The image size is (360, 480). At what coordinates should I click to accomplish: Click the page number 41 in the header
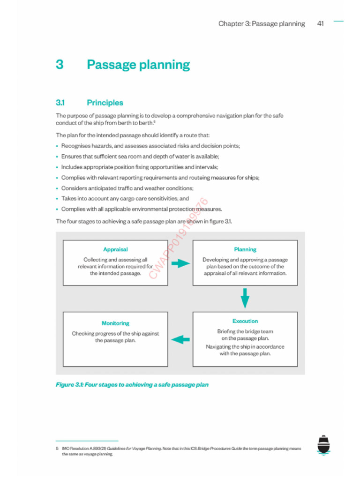321,24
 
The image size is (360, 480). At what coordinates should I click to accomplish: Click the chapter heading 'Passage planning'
138,65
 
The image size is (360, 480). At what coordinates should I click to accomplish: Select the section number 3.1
60,103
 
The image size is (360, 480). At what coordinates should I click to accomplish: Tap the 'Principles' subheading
105,103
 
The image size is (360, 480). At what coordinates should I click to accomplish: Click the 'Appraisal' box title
115,250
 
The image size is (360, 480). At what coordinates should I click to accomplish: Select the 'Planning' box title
245,250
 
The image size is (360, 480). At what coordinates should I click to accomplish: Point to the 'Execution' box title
245,321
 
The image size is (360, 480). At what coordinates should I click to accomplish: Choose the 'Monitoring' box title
115,323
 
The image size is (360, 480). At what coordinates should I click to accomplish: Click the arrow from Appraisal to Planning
180,263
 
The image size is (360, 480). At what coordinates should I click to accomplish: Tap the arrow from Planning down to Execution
245,298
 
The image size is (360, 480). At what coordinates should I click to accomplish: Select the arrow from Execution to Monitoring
180,339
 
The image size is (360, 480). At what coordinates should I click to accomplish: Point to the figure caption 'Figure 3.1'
132,385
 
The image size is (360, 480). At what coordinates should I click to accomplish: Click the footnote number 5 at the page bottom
57,449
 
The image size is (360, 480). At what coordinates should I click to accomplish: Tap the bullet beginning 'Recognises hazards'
150,146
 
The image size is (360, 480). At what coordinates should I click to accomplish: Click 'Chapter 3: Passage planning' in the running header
262,24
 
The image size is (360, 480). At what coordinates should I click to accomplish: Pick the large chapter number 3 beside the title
60,65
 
